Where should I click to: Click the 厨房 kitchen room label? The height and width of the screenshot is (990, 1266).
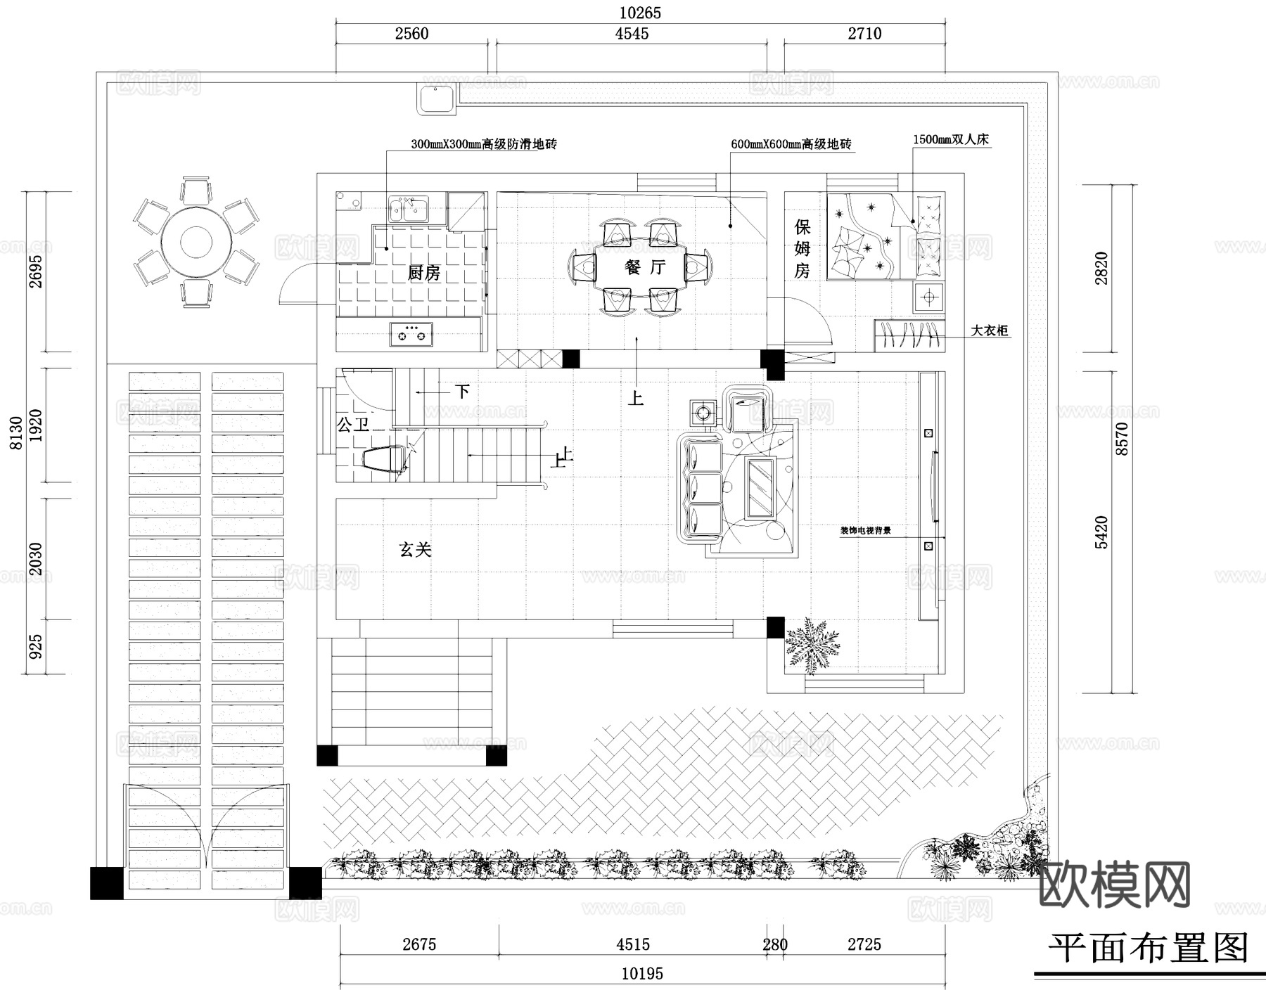tap(423, 273)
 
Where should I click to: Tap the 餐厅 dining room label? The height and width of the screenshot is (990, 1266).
tap(644, 267)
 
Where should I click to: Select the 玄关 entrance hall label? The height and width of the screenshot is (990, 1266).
tap(415, 549)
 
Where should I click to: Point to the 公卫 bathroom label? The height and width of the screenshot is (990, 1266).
tap(353, 425)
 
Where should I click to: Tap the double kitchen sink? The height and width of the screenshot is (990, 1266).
tap(409, 209)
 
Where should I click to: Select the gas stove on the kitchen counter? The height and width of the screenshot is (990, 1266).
tap(411, 333)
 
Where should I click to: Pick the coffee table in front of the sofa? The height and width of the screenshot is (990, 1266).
tap(760, 487)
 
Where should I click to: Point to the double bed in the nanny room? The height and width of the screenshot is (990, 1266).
tap(885, 238)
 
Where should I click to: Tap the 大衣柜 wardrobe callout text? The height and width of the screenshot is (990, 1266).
tap(990, 330)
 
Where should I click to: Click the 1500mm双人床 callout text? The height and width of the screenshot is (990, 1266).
tap(951, 139)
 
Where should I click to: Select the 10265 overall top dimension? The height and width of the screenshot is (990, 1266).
tap(640, 13)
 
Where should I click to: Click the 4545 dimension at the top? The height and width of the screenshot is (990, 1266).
tap(632, 33)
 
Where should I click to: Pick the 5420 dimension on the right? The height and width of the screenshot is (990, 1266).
tap(1101, 532)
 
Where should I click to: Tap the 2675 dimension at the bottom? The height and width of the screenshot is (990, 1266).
tap(419, 944)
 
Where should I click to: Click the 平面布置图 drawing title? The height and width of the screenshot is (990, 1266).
tap(1148, 949)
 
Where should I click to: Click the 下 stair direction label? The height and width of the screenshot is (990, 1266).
tap(462, 391)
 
